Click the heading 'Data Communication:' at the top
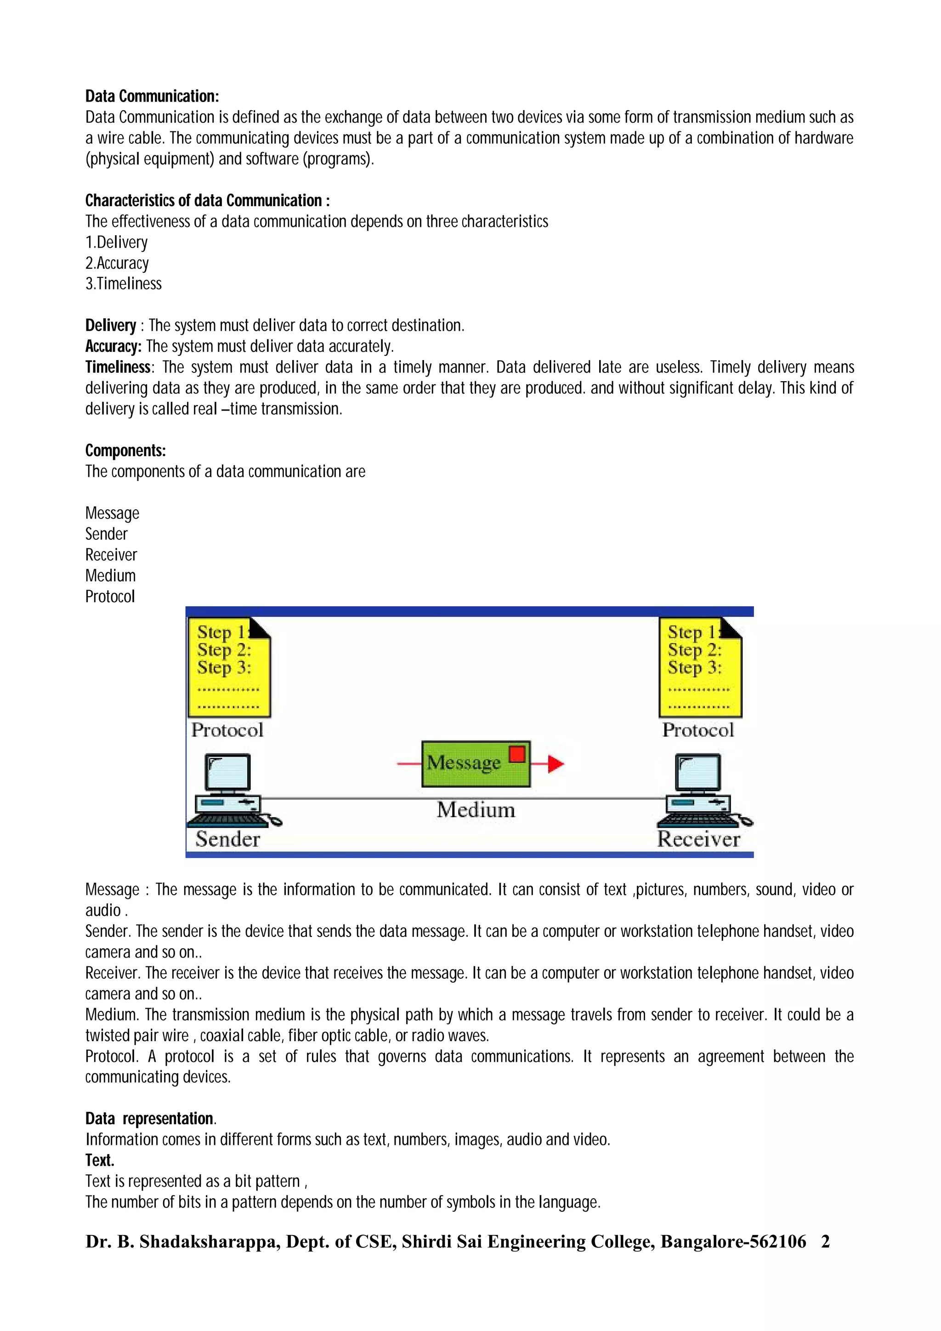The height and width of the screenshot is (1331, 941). (152, 96)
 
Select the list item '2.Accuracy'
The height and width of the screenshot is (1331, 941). (117, 263)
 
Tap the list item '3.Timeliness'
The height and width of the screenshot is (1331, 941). (124, 284)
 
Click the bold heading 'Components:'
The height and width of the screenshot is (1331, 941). (125, 451)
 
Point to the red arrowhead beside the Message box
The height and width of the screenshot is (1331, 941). (556, 764)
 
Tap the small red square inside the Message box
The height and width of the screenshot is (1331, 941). (516, 754)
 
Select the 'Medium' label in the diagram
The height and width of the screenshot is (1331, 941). (476, 809)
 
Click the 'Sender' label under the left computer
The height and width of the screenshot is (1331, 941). (227, 839)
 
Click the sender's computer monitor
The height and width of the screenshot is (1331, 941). (228, 773)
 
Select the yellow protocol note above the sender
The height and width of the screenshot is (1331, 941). (229, 667)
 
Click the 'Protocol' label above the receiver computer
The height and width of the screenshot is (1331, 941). (698, 730)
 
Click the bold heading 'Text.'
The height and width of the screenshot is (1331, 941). (100, 1160)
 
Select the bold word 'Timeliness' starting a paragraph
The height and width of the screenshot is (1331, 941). (118, 367)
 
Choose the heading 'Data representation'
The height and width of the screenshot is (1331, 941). (150, 1118)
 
